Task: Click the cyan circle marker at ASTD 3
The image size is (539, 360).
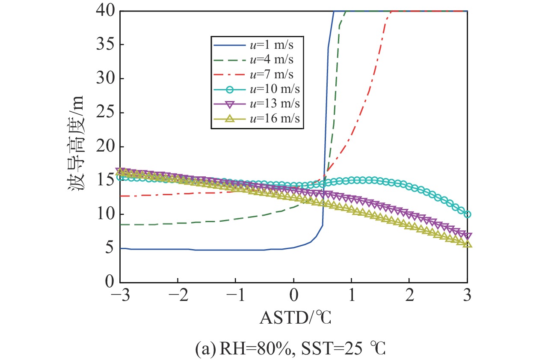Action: coord(467,214)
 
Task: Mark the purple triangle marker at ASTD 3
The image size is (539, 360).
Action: coord(467,236)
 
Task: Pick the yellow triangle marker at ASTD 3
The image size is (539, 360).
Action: coord(467,243)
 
